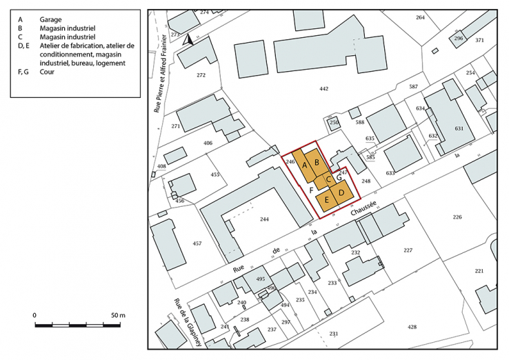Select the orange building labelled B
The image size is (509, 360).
(317, 163)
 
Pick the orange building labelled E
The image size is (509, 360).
(326, 199)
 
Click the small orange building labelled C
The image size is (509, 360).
(330, 179)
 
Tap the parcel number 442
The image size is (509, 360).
(324, 89)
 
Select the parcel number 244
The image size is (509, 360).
(263, 219)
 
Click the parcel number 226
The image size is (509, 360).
(457, 217)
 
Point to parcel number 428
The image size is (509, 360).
(412, 327)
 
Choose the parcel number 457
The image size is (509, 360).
(197, 244)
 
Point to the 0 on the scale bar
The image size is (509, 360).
(35, 315)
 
